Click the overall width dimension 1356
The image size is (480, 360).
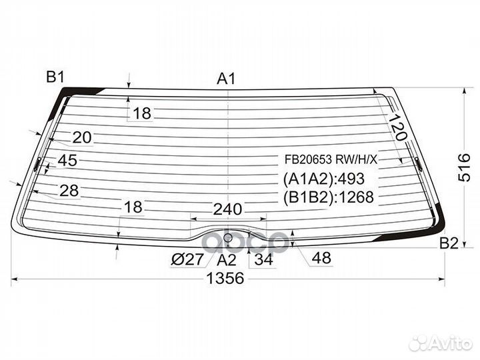[225, 278]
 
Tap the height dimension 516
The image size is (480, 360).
[464, 167]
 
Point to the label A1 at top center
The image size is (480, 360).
[226, 79]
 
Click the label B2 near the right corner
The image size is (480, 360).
[449, 243]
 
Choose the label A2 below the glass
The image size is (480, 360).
[227, 260]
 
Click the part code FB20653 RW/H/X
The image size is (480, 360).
[331, 159]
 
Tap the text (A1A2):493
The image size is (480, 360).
[324, 179]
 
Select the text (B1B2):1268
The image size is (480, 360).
[329, 197]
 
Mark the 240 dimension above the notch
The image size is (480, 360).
[227, 209]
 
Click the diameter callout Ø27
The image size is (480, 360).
[187, 260]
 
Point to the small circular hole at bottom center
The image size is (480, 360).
[228, 237]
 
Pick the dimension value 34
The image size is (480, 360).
[263, 259]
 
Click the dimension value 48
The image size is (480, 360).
[321, 258]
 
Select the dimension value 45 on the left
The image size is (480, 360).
[67, 160]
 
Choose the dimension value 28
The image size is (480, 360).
[69, 191]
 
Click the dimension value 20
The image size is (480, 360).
[82, 137]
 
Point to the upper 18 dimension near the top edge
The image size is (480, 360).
[142, 113]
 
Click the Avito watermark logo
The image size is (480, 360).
[441, 343]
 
